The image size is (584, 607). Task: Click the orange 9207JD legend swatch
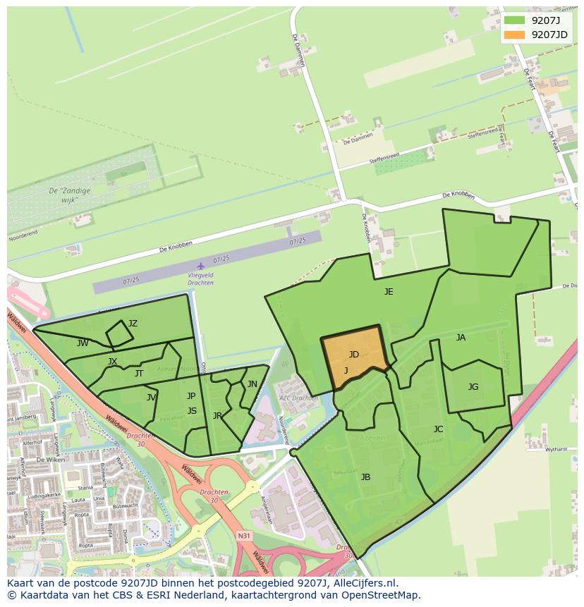[x=515, y=35]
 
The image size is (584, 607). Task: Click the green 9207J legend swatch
[x=515, y=20]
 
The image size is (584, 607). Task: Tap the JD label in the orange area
[x=354, y=354]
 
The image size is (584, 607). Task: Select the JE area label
[x=389, y=291]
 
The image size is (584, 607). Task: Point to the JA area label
[x=461, y=337]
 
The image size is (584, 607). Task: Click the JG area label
[x=473, y=386]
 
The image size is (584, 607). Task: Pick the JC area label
[x=438, y=429]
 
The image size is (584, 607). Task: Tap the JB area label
[x=365, y=477]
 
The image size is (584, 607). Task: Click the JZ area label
[x=133, y=324]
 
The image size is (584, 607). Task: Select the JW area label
[x=83, y=343]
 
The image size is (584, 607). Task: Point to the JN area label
[x=252, y=384]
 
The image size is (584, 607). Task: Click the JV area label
[x=151, y=398]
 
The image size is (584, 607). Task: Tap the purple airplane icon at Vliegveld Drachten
[x=201, y=266]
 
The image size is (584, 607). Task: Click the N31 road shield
[x=244, y=536]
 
